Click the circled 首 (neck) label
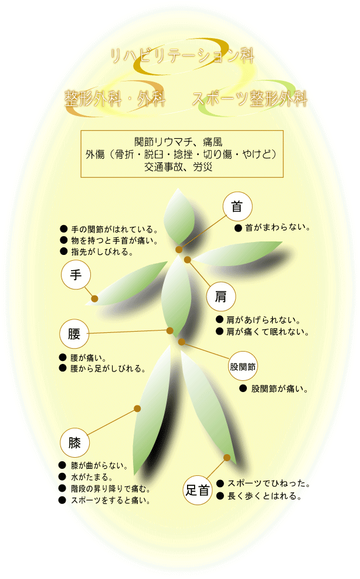pos(237,206)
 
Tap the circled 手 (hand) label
pos(76,275)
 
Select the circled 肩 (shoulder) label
pos(220,297)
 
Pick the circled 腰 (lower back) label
pos(74,334)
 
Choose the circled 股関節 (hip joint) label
pos(243,366)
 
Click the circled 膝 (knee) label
pos(74,442)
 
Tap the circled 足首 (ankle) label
pos(198,491)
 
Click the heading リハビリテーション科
pos(182,56)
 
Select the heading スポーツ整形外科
pos(250,98)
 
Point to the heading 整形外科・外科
pos(115,98)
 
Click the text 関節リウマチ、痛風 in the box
pos(178,142)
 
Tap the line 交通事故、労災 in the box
pos(178,167)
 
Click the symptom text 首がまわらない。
pos(277,227)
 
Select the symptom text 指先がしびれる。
pos(103,252)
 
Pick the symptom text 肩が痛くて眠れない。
pos(268,332)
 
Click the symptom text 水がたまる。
pos(92,477)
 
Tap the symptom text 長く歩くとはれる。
pos(264,496)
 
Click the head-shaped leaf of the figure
pos(179,217)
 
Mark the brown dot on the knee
pos(138,408)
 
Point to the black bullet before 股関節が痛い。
pos(243,388)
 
